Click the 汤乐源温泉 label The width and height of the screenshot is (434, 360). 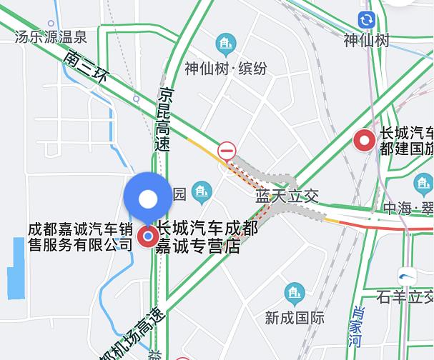[51, 37]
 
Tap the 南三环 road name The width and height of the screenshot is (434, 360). [84, 70]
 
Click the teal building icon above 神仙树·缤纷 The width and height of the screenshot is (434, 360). [227, 44]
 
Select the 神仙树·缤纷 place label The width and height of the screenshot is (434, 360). [226, 69]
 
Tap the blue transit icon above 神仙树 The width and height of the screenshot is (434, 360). [367, 20]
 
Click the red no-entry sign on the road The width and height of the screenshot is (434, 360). [227, 150]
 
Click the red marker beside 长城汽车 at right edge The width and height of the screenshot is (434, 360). [365, 141]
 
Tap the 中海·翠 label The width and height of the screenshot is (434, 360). [408, 209]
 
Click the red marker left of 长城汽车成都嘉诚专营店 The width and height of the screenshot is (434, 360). [148, 236]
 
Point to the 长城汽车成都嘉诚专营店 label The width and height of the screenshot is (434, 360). [207, 238]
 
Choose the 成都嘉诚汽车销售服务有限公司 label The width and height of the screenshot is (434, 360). [81, 237]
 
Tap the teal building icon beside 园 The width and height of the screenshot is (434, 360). [202, 191]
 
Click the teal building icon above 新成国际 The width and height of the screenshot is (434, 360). [294, 293]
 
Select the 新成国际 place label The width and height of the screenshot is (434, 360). [294, 318]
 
